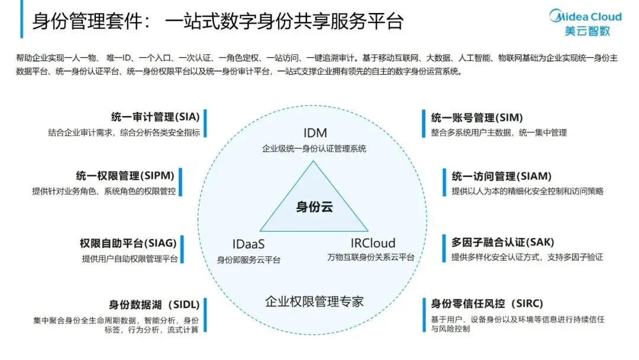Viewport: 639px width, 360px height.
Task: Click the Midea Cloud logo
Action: pyautogui.click(x=586, y=22)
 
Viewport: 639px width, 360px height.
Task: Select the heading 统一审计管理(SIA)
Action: pyautogui.click(x=150, y=117)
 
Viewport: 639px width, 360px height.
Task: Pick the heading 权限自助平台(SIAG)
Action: pyautogui.click(x=128, y=243)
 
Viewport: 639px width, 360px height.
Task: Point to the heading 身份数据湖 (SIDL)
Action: pyautogui.click(x=153, y=305)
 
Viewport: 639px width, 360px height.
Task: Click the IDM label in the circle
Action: pyautogui.click(x=314, y=133)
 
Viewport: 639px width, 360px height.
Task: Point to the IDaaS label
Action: pyautogui.click(x=248, y=243)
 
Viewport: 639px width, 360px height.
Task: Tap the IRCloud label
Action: pyautogui.click(x=373, y=243)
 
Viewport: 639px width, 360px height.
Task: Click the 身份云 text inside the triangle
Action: pyautogui.click(x=314, y=207)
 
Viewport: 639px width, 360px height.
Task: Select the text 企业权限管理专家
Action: pyautogui.click(x=314, y=301)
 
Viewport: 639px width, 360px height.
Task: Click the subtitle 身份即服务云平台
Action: pyautogui.click(x=248, y=259)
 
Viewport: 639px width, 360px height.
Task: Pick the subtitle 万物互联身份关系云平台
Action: pyautogui.click(x=371, y=258)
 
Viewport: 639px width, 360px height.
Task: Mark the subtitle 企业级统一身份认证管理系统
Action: pyautogui.click(x=314, y=148)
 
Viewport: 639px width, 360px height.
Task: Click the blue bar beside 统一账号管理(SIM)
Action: pyautogui.click(x=424, y=124)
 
